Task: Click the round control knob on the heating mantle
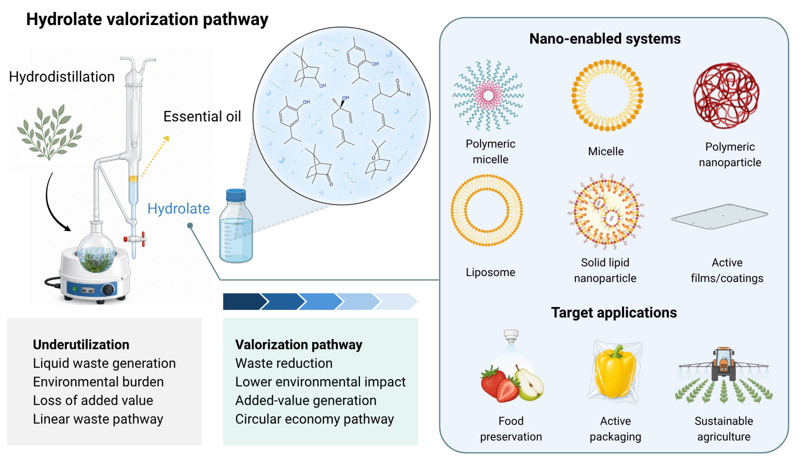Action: click(108, 290)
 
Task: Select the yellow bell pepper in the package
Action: click(615, 372)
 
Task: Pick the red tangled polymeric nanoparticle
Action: click(726, 95)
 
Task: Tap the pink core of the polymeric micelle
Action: click(488, 95)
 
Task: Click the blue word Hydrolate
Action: click(179, 209)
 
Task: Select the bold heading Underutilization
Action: click(81, 345)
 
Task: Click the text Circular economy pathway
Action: click(314, 419)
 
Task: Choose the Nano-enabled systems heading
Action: click(605, 39)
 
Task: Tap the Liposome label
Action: click(491, 272)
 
